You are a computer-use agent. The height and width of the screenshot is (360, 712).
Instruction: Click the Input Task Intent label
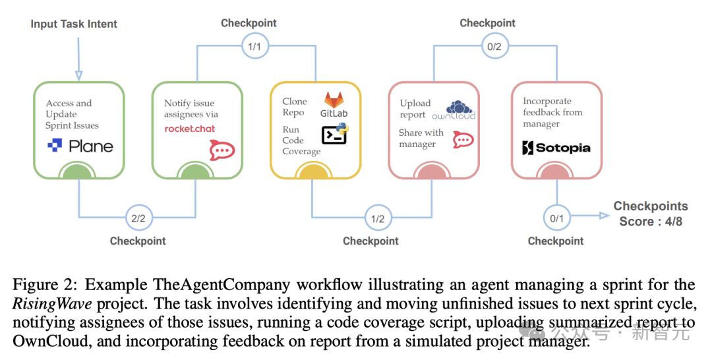pos(74,24)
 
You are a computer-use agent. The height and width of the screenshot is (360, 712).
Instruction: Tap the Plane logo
pos(80,146)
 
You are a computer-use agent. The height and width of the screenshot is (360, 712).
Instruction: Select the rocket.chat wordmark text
pos(190,129)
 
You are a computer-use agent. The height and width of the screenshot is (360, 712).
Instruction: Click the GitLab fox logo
pos(335,100)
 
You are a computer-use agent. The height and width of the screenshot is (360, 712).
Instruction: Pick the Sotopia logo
pos(556,148)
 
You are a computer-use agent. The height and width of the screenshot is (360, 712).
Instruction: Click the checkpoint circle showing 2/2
pos(138,217)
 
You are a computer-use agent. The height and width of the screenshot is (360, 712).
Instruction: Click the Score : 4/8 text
pos(651,222)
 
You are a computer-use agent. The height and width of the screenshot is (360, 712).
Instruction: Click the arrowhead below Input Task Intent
pos(78,75)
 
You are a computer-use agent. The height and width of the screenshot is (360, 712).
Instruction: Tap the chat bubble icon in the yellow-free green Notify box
pos(222,150)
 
